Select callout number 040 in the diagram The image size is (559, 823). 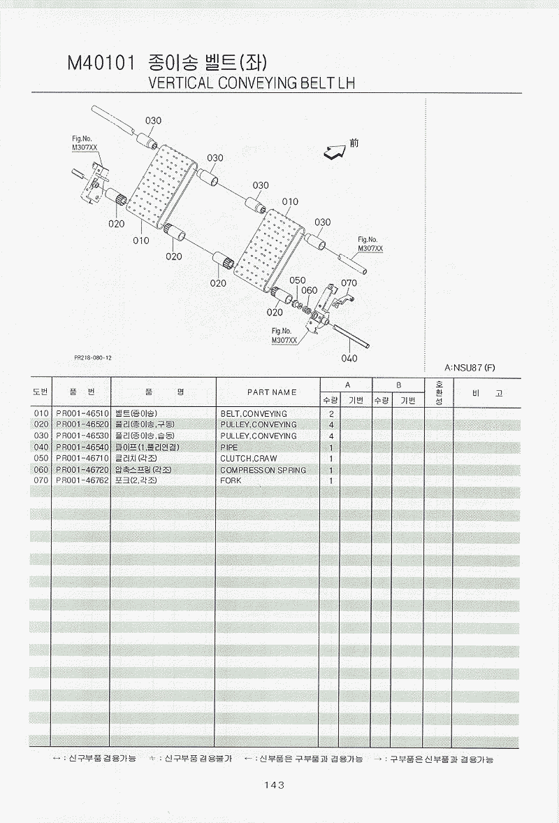point(349,359)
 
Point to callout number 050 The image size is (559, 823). point(298,280)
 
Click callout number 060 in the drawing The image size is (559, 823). point(309,290)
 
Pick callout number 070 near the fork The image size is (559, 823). point(349,283)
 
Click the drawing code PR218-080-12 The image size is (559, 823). point(93,357)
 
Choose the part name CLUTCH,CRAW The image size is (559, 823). point(248,459)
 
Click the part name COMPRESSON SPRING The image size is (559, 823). point(263,470)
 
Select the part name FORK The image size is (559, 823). point(231,481)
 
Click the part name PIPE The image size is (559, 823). point(228,448)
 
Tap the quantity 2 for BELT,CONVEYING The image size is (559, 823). point(331,414)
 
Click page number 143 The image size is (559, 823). point(274,785)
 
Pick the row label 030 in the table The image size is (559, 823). point(41,436)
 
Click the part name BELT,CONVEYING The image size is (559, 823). point(253,414)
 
